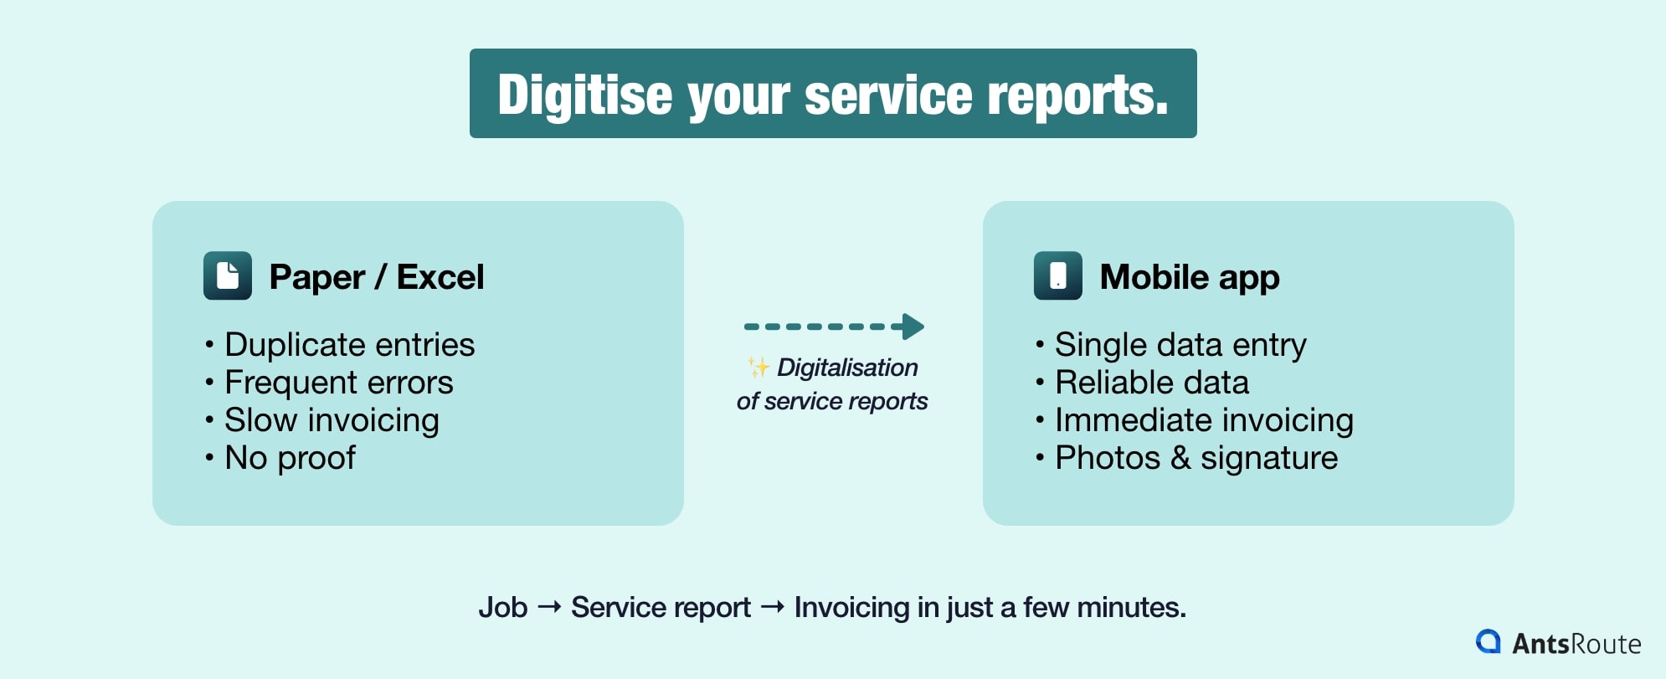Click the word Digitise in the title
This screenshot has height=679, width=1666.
pyautogui.click(x=584, y=95)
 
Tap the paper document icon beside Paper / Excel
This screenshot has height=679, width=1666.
pyautogui.click(x=228, y=275)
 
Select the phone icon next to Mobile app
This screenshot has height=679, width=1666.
pyautogui.click(x=1058, y=275)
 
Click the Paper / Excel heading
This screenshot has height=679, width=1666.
pyautogui.click(x=376, y=277)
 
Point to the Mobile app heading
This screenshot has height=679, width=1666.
pyautogui.click(x=1189, y=277)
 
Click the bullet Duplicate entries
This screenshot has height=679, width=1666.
pyautogui.click(x=349, y=345)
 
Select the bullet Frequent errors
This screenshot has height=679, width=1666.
pyautogui.click(x=338, y=383)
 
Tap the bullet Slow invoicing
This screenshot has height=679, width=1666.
pyautogui.click(x=332, y=420)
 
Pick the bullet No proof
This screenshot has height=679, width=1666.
pyautogui.click(x=290, y=458)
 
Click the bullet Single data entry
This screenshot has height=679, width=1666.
pyautogui.click(x=1180, y=345)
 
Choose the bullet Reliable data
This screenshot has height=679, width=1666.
pyautogui.click(x=1151, y=383)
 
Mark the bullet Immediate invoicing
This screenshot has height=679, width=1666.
pyautogui.click(x=1203, y=420)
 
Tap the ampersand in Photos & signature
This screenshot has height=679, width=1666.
pyautogui.click(x=1180, y=458)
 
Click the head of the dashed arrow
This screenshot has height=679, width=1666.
pyautogui.click(x=913, y=327)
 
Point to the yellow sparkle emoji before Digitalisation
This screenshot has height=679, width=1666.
pyautogui.click(x=758, y=367)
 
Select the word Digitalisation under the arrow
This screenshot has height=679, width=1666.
pyautogui.click(x=847, y=368)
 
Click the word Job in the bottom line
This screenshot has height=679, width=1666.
pyautogui.click(x=502, y=607)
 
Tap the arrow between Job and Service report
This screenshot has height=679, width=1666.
pyautogui.click(x=549, y=607)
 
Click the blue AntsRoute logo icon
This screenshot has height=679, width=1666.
pyautogui.click(x=1489, y=641)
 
